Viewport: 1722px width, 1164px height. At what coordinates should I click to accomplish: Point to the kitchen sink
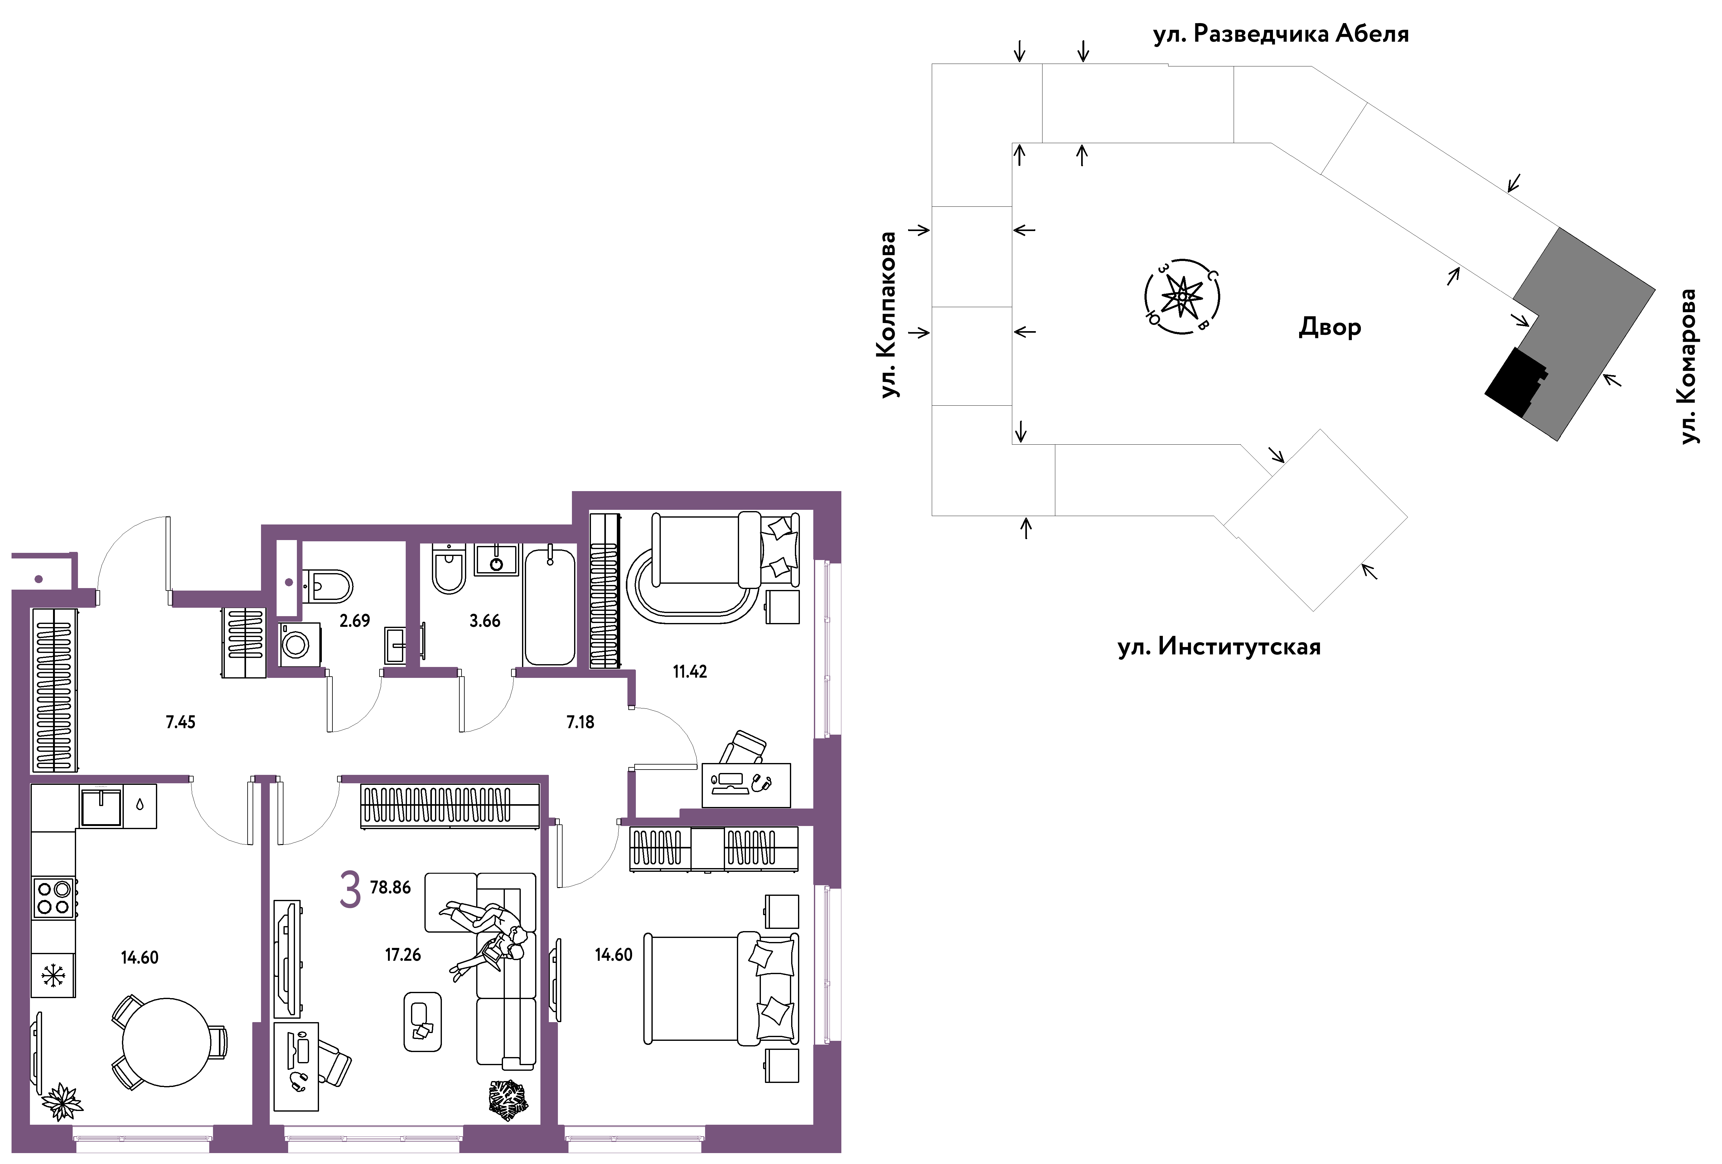tap(101, 807)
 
